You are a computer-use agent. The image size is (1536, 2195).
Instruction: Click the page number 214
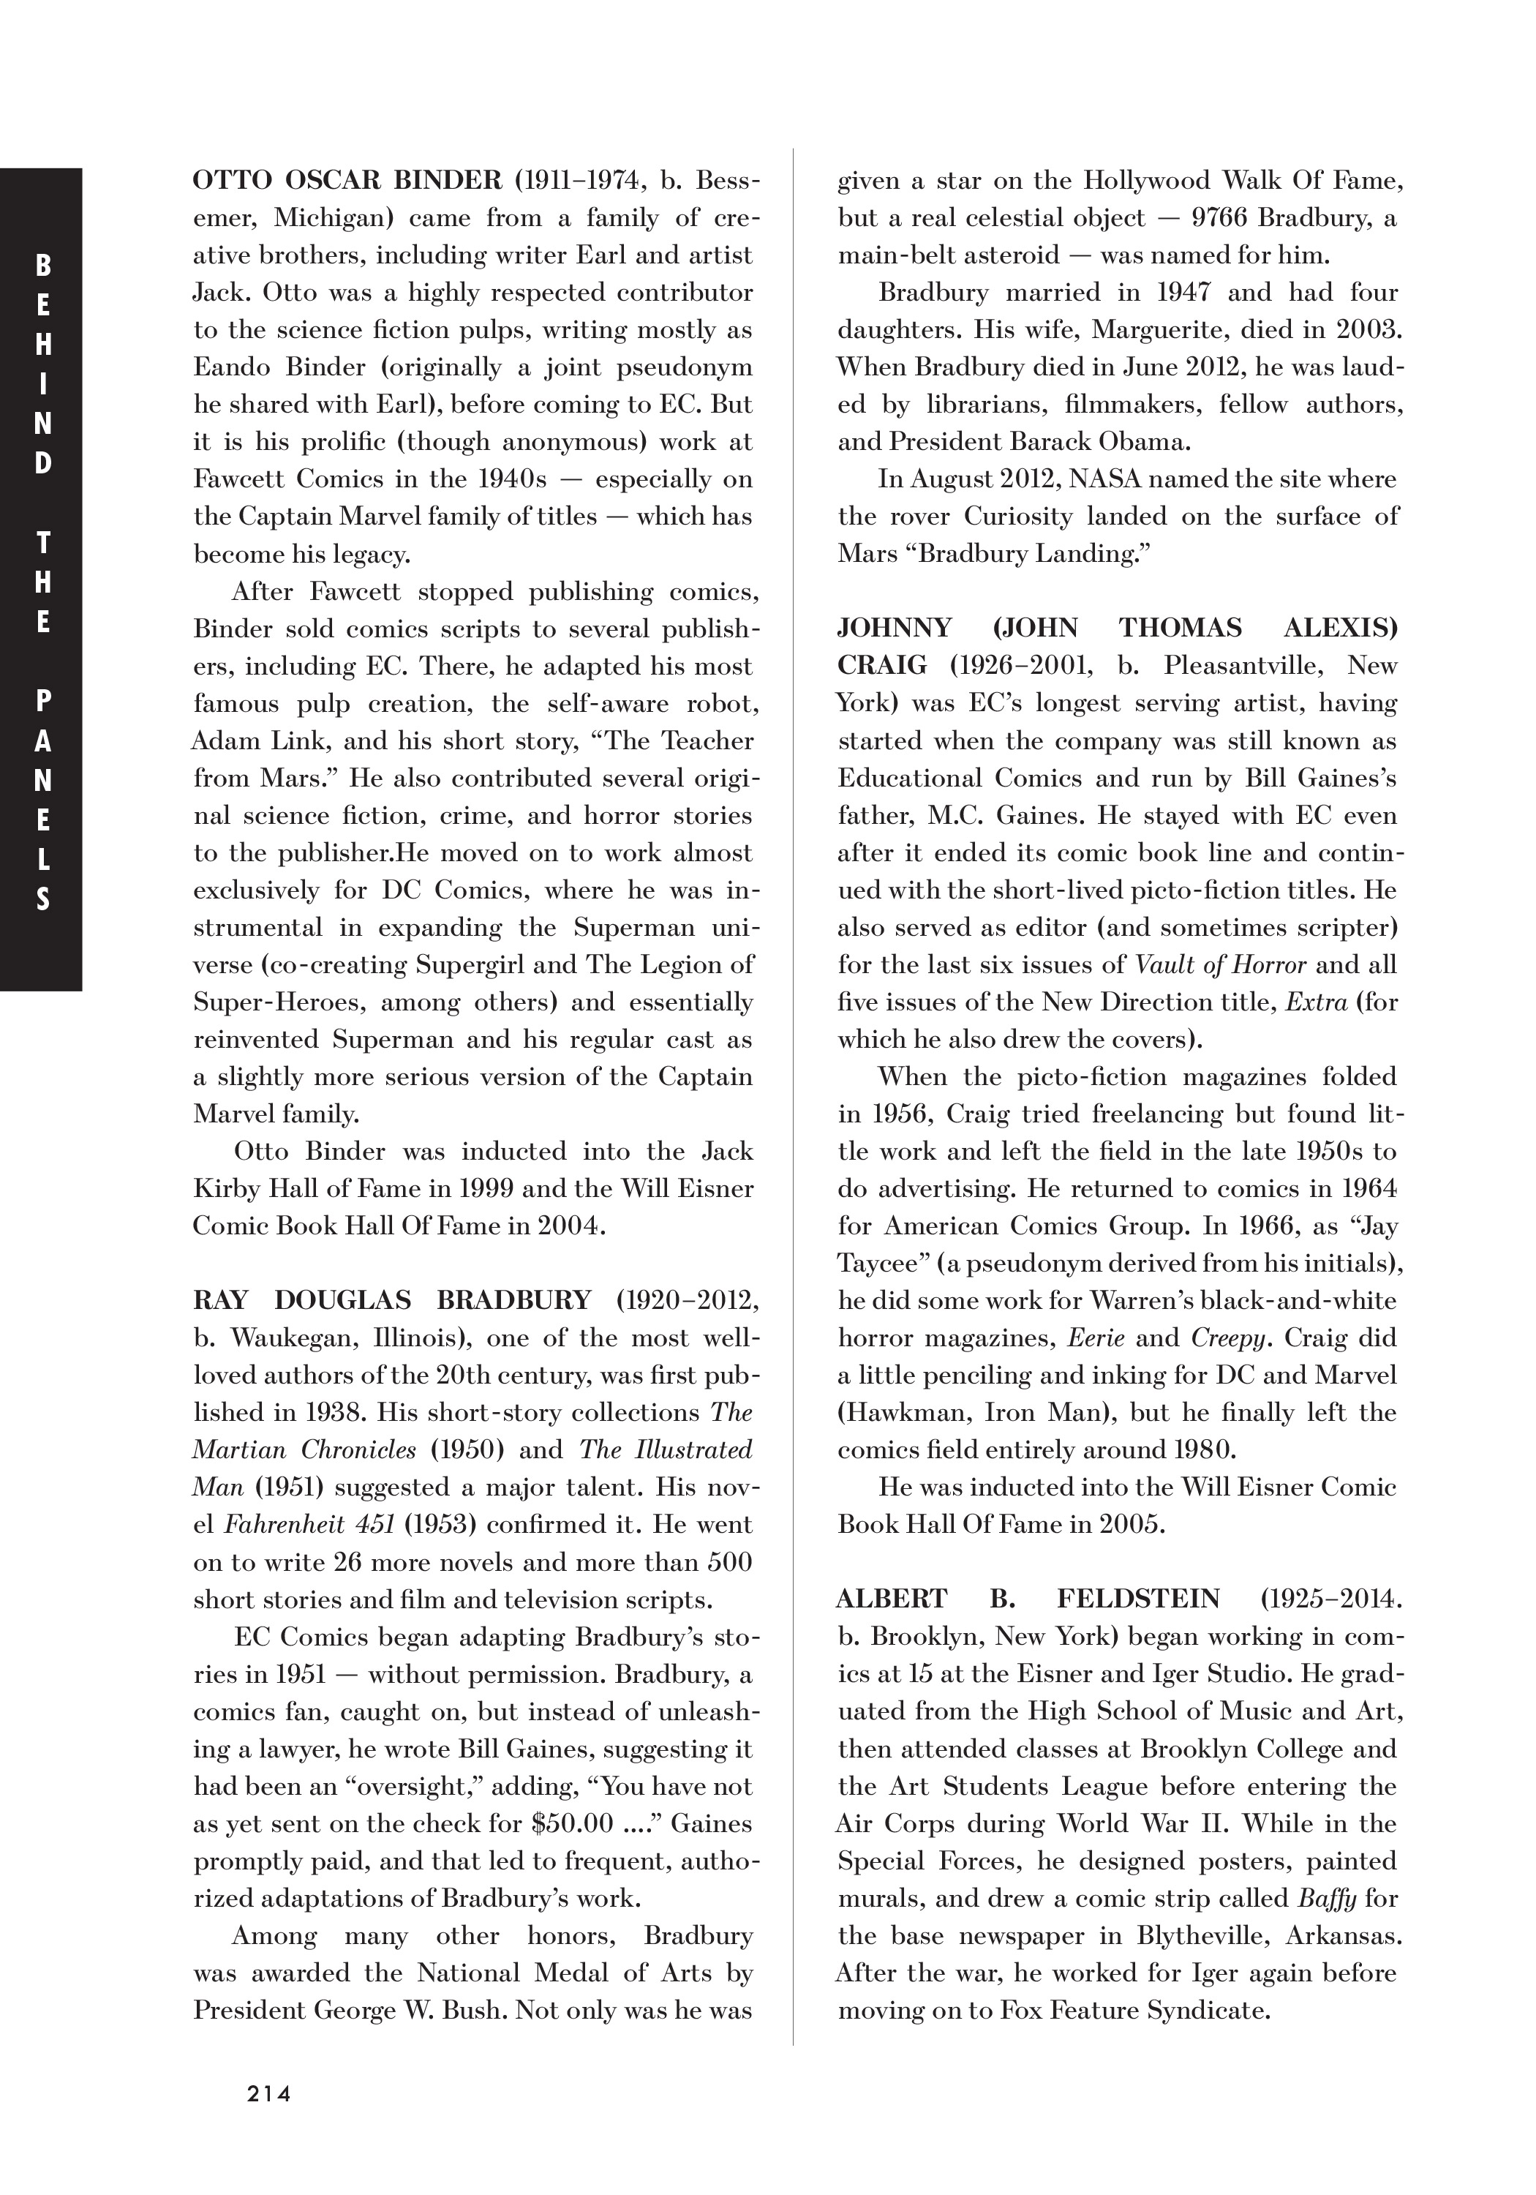click(x=268, y=2093)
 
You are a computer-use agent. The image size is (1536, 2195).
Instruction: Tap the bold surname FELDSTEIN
click(x=1138, y=1599)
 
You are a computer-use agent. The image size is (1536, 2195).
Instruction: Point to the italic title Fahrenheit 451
click(x=309, y=1525)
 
